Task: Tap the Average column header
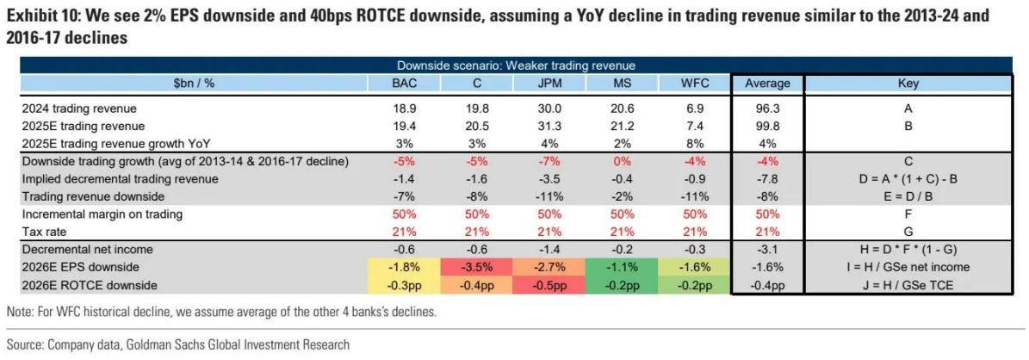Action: (766, 84)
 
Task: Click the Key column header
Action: (908, 84)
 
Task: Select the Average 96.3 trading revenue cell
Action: (766, 109)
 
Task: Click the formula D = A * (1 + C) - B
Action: (908, 179)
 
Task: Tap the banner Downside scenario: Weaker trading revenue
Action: (516, 65)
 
